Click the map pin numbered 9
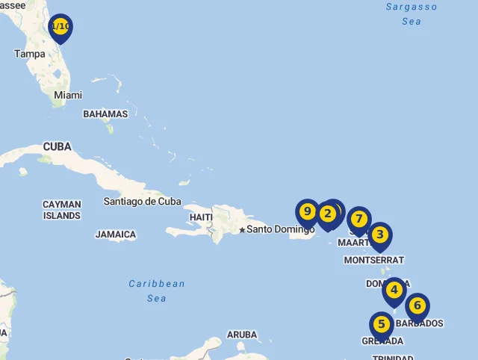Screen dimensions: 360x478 307,212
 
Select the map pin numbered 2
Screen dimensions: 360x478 327,214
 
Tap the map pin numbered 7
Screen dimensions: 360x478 359,220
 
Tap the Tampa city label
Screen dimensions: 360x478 30,54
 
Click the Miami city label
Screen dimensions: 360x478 68,95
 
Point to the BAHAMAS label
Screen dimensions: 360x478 105,114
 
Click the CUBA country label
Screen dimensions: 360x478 58,146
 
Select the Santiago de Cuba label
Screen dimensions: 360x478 143,201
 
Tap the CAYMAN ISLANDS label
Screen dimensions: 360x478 61,210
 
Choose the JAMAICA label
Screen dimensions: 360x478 116,235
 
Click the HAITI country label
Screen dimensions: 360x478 201,217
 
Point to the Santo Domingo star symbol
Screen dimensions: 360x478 242,229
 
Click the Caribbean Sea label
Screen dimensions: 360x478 157,291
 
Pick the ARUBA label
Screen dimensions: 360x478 242,335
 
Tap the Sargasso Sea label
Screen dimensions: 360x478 412,13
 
